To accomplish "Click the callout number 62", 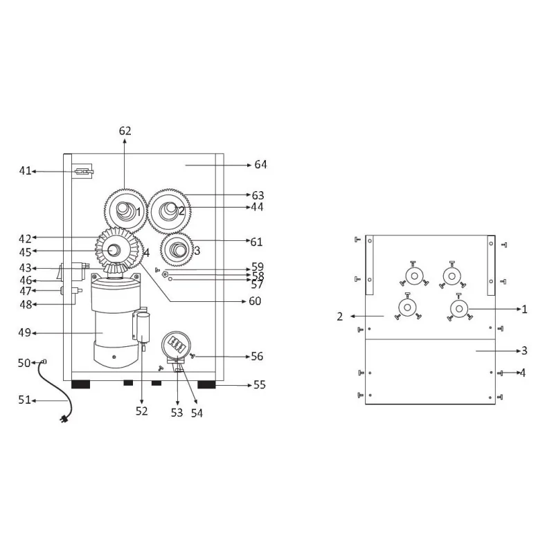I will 125,131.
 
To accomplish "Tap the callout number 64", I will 260,165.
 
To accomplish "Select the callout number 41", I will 26,170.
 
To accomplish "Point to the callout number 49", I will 26,333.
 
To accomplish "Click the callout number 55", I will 260,384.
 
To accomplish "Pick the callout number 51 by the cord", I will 25,400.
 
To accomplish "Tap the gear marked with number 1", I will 125,211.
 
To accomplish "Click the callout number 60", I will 256,301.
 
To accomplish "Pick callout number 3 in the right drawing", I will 524,350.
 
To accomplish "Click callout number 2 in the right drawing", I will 340,316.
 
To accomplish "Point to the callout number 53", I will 177,412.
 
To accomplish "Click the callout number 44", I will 257,207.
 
